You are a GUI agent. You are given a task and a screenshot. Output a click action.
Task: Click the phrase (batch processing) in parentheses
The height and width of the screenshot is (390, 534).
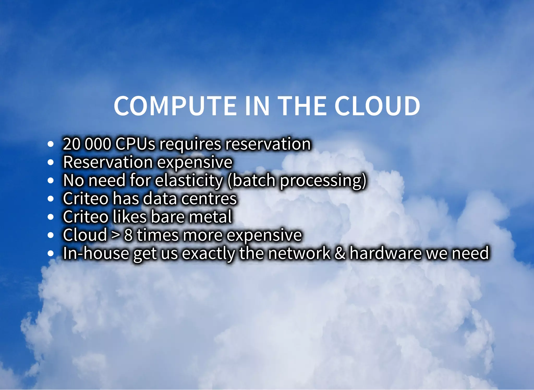pyautogui.click(x=297, y=181)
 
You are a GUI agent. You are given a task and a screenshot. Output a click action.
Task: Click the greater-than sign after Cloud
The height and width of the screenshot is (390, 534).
pyautogui.click(x=115, y=235)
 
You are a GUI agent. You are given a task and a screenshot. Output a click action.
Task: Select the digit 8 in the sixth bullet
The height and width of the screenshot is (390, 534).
pyautogui.click(x=128, y=235)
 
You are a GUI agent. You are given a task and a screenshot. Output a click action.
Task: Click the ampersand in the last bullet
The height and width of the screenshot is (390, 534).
pyautogui.click(x=340, y=253)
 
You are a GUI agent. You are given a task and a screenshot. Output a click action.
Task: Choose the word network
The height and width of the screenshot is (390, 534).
pyautogui.click(x=299, y=253)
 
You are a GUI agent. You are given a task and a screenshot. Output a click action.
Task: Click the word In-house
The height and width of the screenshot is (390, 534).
pyautogui.click(x=96, y=253)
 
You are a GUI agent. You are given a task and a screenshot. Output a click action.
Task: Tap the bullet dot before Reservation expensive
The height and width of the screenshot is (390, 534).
pyautogui.click(x=51, y=162)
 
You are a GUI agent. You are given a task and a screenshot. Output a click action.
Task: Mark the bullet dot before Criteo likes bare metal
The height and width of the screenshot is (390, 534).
pyautogui.click(x=51, y=217)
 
